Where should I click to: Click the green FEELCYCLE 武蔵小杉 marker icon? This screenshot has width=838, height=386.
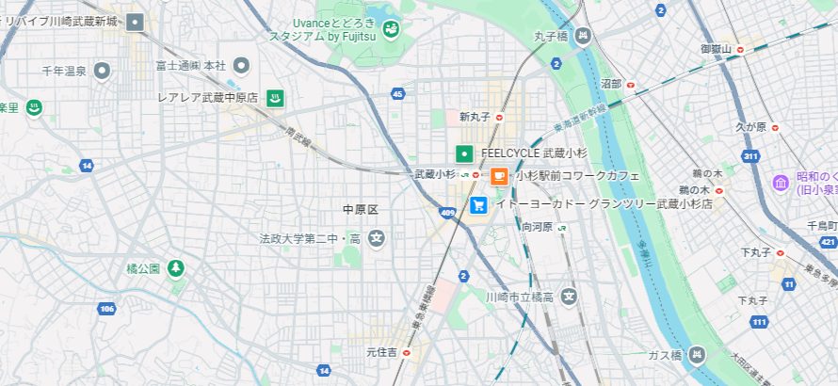[464, 153]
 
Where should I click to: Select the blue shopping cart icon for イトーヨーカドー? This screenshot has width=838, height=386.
[479, 203]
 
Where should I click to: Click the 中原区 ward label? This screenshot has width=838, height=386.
[360, 209]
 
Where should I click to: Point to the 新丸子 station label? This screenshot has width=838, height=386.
[476, 118]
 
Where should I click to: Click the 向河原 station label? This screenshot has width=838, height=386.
[537, 227]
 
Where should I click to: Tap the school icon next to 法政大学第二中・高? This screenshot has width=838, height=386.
[377, 238]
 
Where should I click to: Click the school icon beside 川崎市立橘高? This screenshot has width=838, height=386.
[569, 298]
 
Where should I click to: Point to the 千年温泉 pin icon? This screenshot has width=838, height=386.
[103, 71]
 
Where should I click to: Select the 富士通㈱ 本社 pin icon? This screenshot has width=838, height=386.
[241, 65]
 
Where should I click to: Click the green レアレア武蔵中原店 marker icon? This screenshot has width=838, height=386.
[275, 97]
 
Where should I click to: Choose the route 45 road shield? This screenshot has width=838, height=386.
[398, 93]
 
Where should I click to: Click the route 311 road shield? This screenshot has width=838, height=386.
[750, 155]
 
